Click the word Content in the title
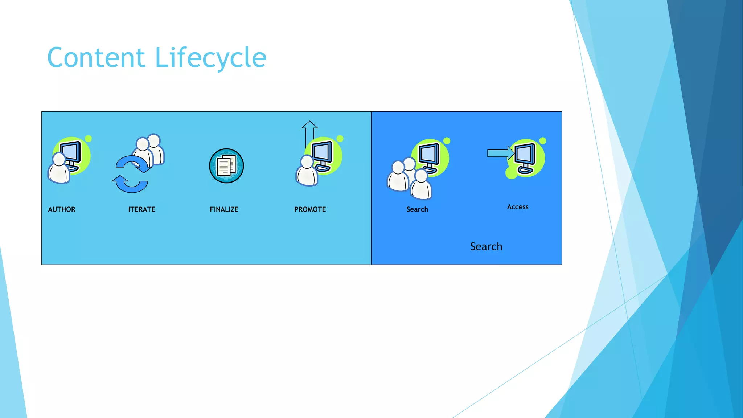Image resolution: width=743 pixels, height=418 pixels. click(96, 58)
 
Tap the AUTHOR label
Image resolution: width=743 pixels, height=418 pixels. click(62, 209)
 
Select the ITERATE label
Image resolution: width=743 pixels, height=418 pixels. click(141, 209)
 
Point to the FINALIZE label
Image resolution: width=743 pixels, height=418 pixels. click(224, 209)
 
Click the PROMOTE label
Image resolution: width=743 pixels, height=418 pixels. click(310, 209)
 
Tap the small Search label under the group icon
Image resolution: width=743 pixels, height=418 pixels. click(417, 209)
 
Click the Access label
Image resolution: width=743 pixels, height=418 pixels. click(518, 207)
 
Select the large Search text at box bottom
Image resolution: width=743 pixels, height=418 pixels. click(486, 247)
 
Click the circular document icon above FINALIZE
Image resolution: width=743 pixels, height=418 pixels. click(226, 166)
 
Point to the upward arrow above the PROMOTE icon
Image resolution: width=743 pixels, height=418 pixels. click(309, 132)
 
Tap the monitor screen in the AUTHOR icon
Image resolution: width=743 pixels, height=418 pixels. click(71, 152)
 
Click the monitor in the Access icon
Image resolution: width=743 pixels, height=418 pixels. click(525, 155)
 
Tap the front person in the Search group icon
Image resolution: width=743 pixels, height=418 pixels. click(421, 186)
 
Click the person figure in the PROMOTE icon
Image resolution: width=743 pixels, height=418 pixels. click(307, 172)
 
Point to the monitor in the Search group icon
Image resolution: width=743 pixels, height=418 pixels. click(429, 155)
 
